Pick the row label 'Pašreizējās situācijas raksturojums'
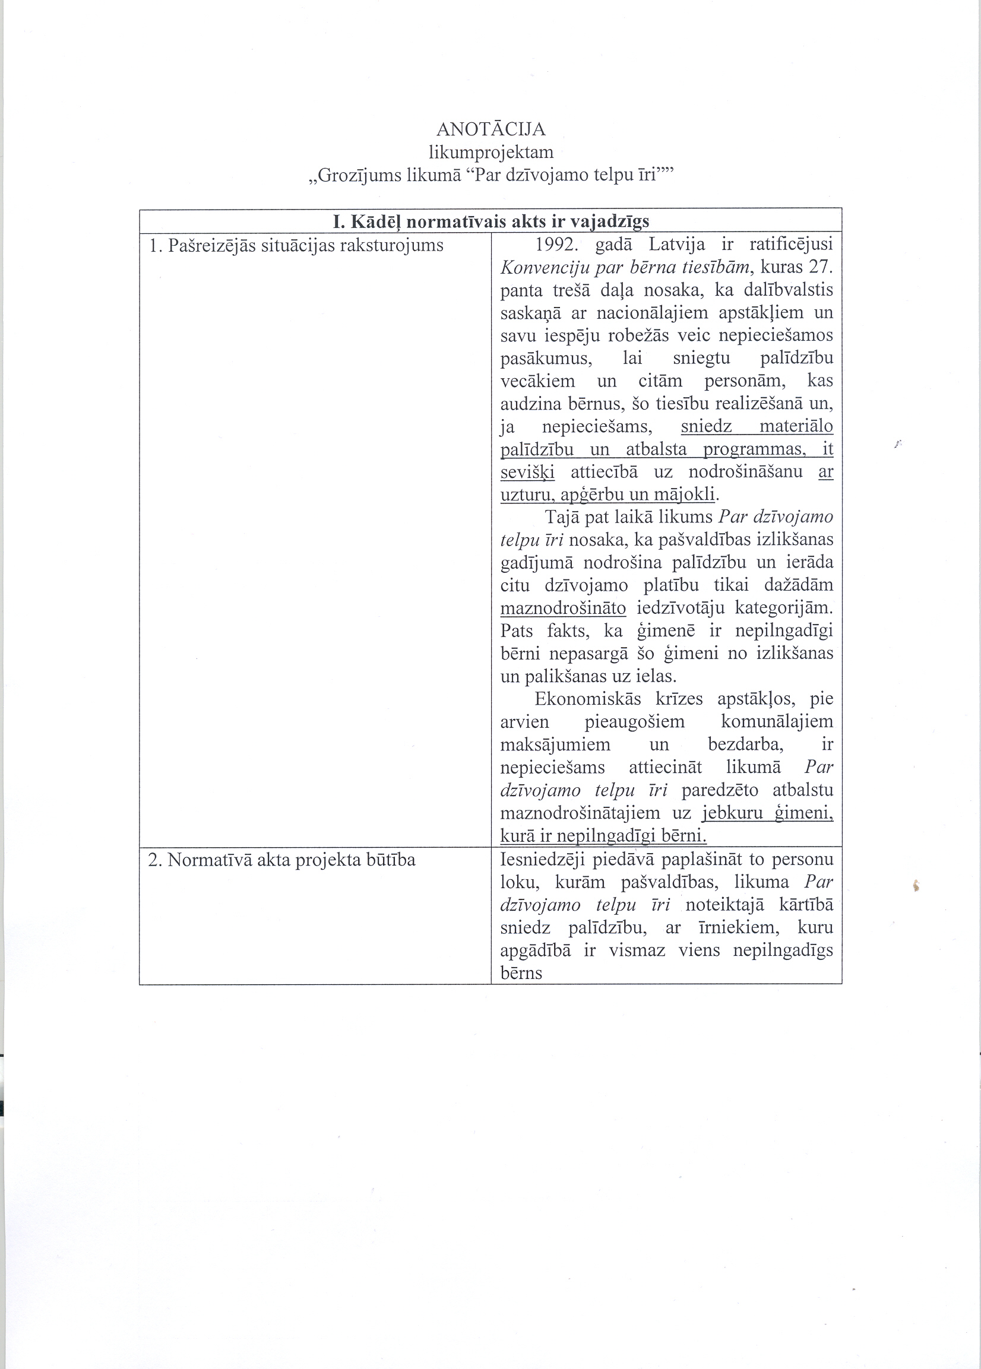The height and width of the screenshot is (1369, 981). pos(296,246)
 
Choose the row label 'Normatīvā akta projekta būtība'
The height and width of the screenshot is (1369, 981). pos(282,860)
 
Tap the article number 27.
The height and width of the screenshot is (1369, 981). pos(820,268)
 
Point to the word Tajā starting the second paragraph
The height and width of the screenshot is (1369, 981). pos(562,518)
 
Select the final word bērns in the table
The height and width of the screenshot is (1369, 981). pos(521,973)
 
